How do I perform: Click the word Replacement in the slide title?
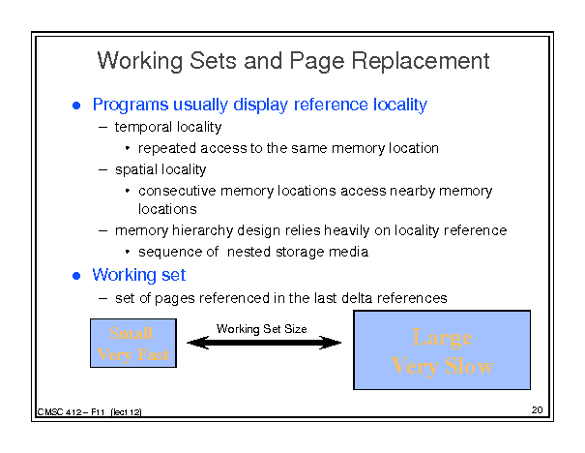421,61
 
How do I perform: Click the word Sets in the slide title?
213,61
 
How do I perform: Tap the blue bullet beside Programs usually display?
76,106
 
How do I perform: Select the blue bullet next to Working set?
76,276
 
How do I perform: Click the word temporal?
143,128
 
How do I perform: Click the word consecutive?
177,191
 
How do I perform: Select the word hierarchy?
203,230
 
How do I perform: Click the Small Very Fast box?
133,344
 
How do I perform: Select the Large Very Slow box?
442,350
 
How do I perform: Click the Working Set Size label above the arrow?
261,329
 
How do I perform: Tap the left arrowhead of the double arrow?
197,343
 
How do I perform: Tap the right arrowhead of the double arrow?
331,343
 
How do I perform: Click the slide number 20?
538,410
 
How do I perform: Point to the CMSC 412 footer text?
90,412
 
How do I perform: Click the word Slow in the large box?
469,366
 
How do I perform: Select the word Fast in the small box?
153,354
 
